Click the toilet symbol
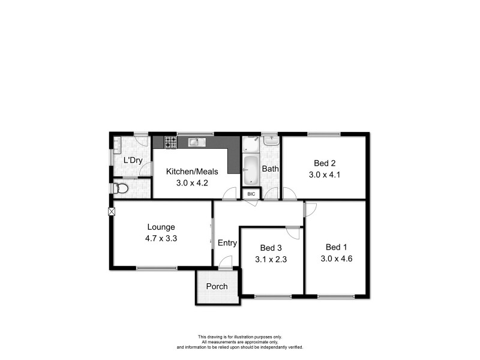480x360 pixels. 122,189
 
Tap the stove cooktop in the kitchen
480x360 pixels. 172,142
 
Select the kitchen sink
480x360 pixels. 194,142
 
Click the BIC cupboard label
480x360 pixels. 251,194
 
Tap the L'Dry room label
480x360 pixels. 133,160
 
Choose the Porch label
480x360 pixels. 217,286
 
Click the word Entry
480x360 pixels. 227,243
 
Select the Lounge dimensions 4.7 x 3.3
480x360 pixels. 161,238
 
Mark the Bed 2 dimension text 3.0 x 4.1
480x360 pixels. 324,175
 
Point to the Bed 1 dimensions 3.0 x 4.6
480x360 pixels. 336,259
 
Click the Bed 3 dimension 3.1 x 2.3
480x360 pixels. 271,259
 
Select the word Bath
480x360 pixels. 270,169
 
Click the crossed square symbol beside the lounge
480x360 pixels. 112,211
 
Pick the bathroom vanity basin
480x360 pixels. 271,141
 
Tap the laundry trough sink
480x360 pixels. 117,144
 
